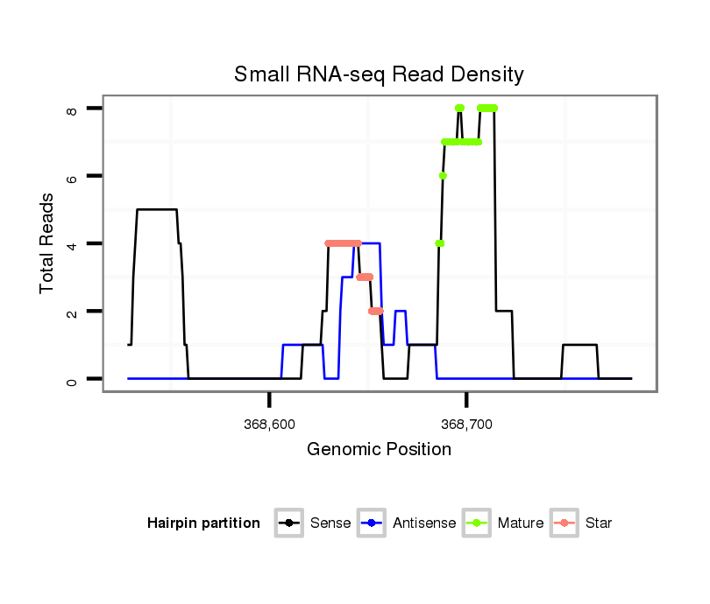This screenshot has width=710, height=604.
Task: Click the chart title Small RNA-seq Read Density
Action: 379,74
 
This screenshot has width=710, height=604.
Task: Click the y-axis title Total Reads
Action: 49,243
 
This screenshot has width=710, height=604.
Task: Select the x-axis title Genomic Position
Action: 379,450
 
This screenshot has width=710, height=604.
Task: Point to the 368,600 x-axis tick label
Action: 269,425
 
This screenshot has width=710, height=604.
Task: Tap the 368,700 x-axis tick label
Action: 466,425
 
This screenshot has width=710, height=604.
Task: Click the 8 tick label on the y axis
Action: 72,109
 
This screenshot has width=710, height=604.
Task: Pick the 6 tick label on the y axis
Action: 72,176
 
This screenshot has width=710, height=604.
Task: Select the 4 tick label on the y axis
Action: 72,243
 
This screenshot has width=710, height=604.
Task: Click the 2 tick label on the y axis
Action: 72,312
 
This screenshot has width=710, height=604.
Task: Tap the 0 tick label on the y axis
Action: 72,379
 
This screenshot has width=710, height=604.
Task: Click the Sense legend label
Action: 330,523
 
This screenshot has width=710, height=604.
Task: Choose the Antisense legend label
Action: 424,523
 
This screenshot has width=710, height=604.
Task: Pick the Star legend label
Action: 599,523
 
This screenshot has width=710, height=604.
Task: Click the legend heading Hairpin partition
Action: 203,523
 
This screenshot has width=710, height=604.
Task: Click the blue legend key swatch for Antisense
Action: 373,523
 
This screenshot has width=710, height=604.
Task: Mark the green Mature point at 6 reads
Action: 443,176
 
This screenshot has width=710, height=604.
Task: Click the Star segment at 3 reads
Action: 365,277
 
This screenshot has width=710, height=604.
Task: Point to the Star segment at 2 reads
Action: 376,311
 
